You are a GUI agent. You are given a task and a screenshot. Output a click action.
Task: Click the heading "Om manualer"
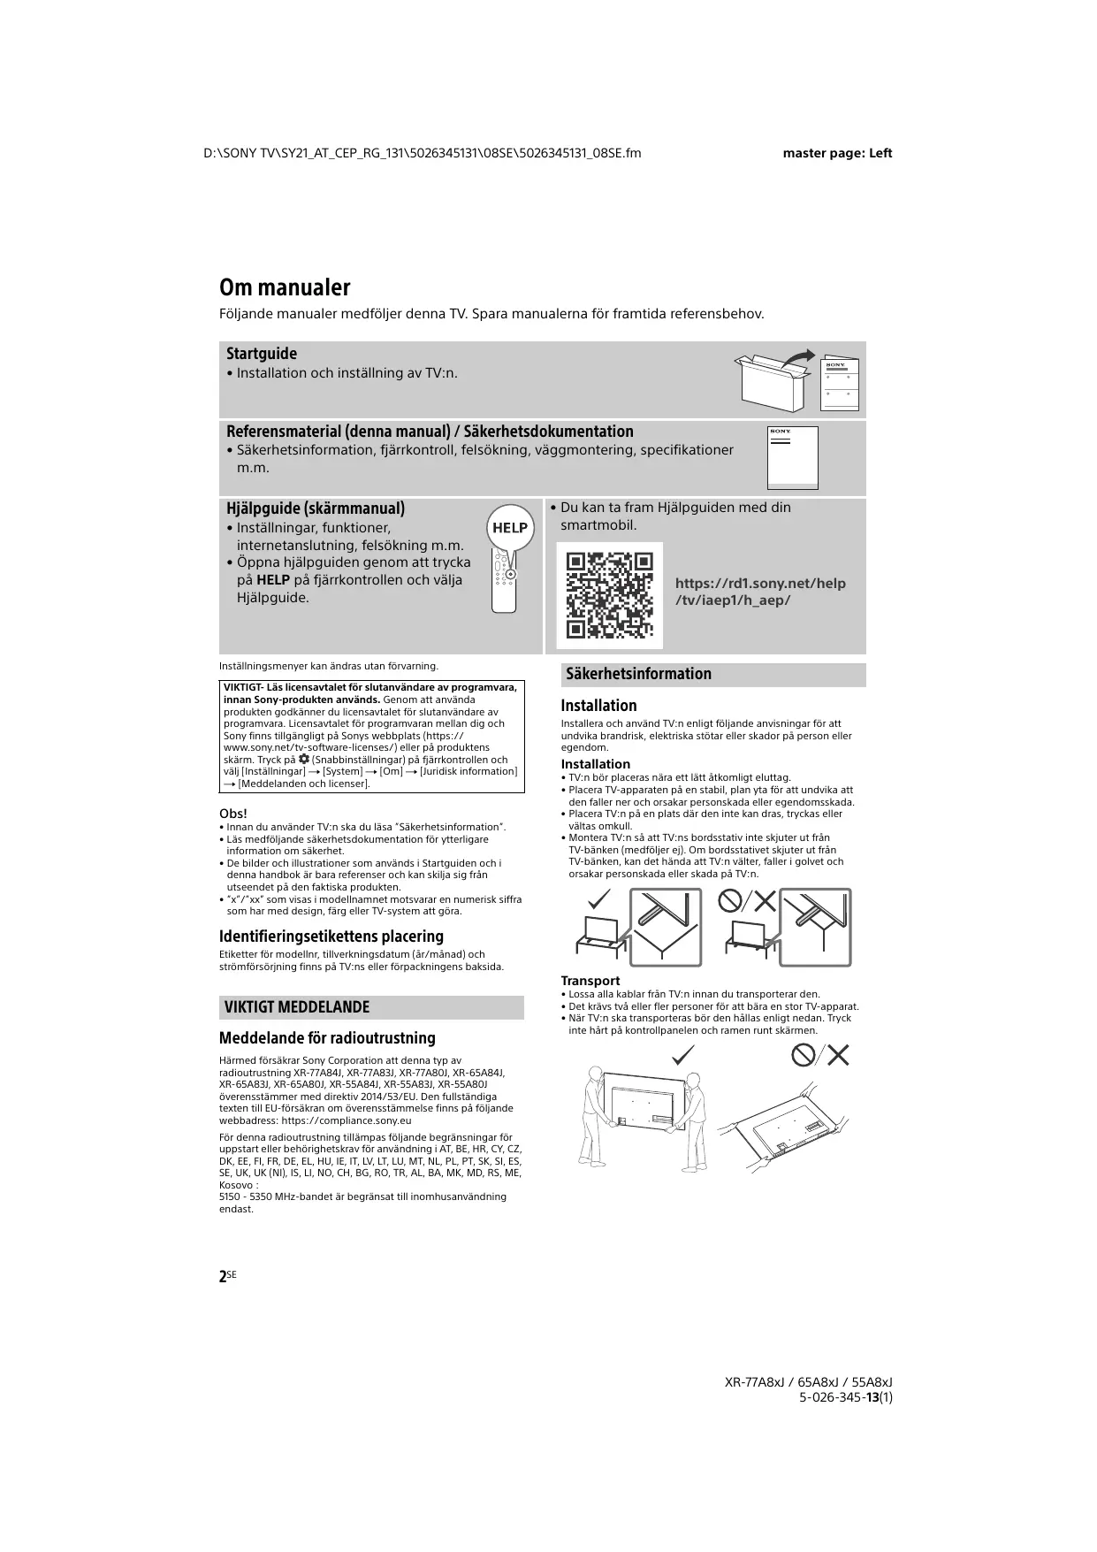pos(285,287)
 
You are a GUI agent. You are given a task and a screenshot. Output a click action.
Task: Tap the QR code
pos(609,595)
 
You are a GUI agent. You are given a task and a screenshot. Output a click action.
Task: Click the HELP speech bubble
pos(510,528)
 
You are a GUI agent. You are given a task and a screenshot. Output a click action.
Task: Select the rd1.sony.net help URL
pos(760,592)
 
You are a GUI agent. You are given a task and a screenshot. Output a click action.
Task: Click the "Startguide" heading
pos(262,354)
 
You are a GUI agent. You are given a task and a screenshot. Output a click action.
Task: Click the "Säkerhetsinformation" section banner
pos(638,674)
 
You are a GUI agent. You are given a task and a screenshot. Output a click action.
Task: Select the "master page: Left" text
pos(837,153)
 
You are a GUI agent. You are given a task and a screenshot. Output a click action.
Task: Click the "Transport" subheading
pos(590,981)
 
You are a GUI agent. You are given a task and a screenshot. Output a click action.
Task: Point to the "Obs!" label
pos(233,814)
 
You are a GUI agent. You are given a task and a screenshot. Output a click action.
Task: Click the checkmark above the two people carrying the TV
pos(683,1054)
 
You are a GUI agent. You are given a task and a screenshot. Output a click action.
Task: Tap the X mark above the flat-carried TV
pos(838,1054)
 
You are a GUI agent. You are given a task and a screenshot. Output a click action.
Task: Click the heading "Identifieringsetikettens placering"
pos(331,937)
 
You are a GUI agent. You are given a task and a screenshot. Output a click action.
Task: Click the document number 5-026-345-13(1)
pos(845,1397)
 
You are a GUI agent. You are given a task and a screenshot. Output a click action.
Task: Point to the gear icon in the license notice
pos(304,760)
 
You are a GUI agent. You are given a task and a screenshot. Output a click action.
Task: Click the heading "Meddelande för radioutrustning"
pos(327,1038)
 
